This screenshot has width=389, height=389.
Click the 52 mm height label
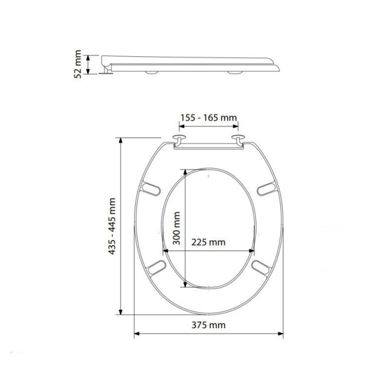click(77, 64)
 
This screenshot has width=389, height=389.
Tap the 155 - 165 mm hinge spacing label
click(209, 117)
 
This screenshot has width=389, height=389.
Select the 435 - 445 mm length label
click(112, 226)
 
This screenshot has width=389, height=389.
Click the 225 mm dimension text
click(208, 242)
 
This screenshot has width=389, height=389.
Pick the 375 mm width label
click(208, 325)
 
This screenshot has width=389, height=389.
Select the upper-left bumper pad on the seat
click(151, 188)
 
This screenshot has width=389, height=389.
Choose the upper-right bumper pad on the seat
click(266, 189)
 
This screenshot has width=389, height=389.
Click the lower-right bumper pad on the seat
click(261, 266)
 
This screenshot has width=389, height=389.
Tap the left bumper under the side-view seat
click(152, 73)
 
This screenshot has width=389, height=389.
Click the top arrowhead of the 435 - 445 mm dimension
click(121, 140)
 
